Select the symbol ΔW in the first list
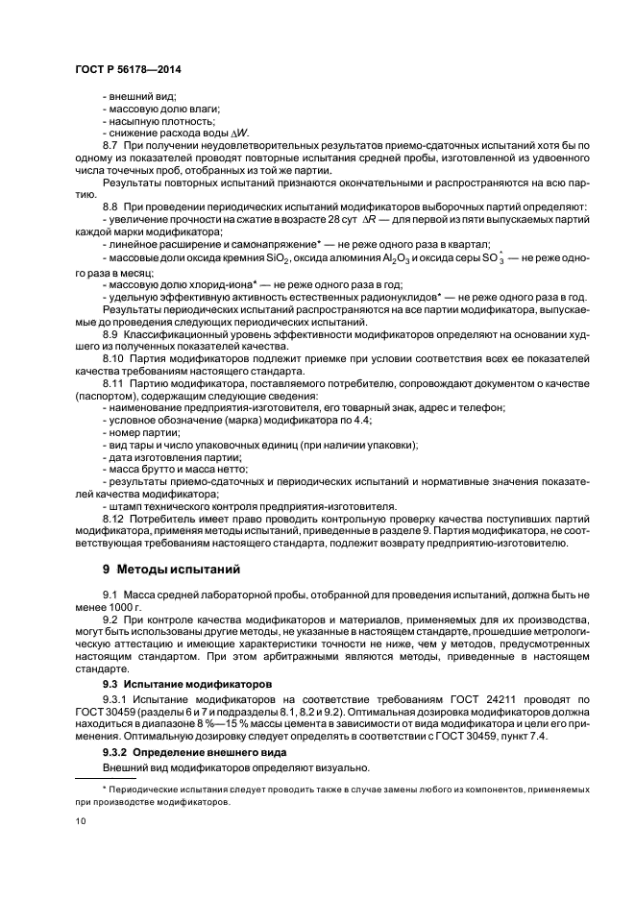click(x=216, y=132)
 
